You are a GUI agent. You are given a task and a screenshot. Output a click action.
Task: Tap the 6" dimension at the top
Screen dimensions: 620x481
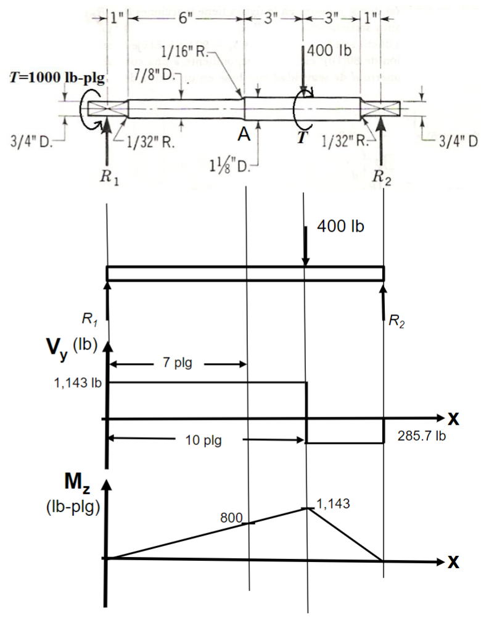point(185,18)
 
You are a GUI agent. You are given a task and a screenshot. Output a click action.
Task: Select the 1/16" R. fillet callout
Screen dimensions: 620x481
point(186,52)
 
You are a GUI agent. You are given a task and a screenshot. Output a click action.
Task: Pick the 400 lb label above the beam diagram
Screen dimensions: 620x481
point(341,226)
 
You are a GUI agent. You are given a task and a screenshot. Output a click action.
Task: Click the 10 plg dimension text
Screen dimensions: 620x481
point(204,441)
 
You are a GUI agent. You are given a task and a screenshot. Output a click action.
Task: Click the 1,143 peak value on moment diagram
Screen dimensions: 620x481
point(333,503)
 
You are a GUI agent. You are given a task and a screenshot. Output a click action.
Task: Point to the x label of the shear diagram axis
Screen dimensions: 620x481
point(453,420)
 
